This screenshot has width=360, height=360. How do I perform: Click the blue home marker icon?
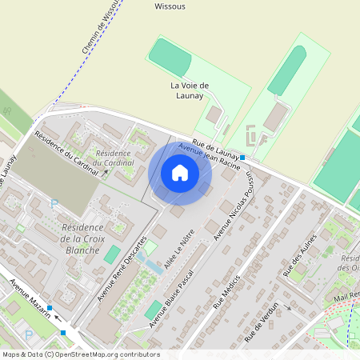click(x=180, y=173)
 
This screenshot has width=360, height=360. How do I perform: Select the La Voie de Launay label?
click(x=190, y=90)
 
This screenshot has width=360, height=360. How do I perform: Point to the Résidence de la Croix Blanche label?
click(x=80, y=238)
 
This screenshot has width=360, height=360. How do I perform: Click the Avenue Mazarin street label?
click(x=30, y=298)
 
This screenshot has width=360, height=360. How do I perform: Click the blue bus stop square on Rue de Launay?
click(x=242, y=158)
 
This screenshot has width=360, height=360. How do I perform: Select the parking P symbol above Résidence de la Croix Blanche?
click(x=54, y=205)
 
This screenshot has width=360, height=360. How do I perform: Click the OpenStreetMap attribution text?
click(x=81, y=354)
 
